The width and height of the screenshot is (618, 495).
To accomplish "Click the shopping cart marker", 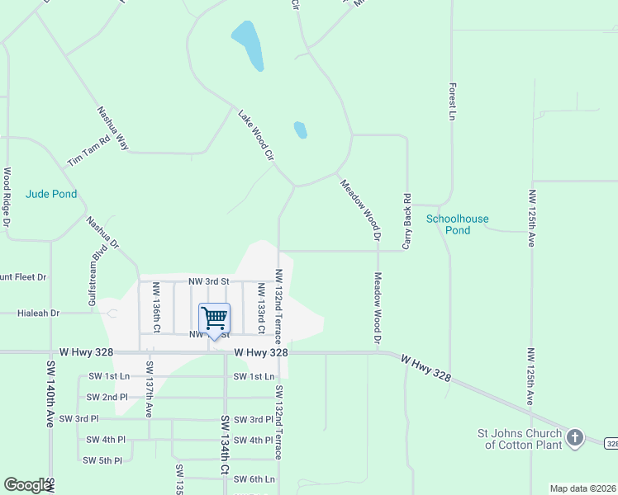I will coord(214,318).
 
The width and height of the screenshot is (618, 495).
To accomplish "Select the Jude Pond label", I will coord(51,195).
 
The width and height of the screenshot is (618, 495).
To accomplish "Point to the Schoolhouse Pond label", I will coord(457,224).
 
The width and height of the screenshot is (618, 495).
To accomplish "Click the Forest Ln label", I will coord(452,101).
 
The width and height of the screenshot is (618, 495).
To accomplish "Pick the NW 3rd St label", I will coord(208,281).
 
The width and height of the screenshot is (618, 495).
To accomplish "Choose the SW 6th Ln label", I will coord(254,479).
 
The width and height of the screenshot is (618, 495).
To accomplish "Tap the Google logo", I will coord(27,485).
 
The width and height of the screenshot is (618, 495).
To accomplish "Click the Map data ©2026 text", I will coord(582,488).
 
